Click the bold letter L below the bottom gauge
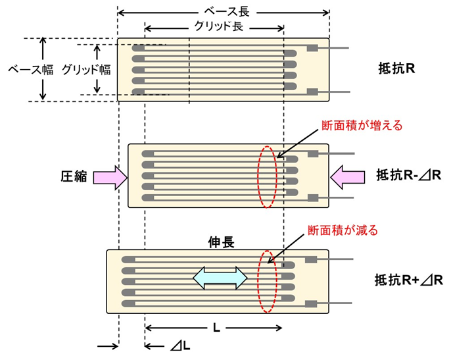(214, 327)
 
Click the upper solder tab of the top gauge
(312, 48)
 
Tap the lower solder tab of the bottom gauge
(312, 303)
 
